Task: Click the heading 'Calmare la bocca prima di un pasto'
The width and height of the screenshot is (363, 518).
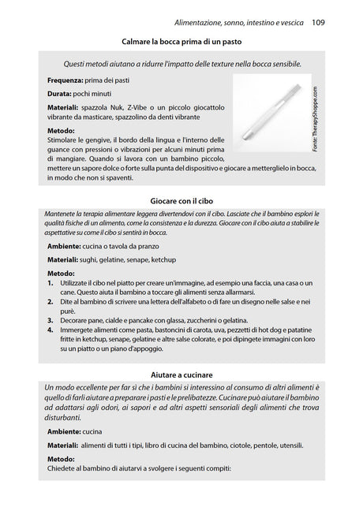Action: click(181, 41)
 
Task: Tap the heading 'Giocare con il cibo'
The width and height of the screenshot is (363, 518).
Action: click(181, 202)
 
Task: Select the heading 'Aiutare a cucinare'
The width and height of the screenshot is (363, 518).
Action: click(181, 374)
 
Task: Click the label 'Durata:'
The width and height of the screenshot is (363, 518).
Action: click(62, 94)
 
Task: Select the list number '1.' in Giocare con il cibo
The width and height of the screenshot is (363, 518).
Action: click(51, 282)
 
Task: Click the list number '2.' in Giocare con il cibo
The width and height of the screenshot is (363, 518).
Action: click(51, 301)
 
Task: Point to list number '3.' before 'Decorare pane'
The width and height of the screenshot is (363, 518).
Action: click(51, 320)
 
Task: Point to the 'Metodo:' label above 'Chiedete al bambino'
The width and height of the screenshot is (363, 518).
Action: click(62, 458)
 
